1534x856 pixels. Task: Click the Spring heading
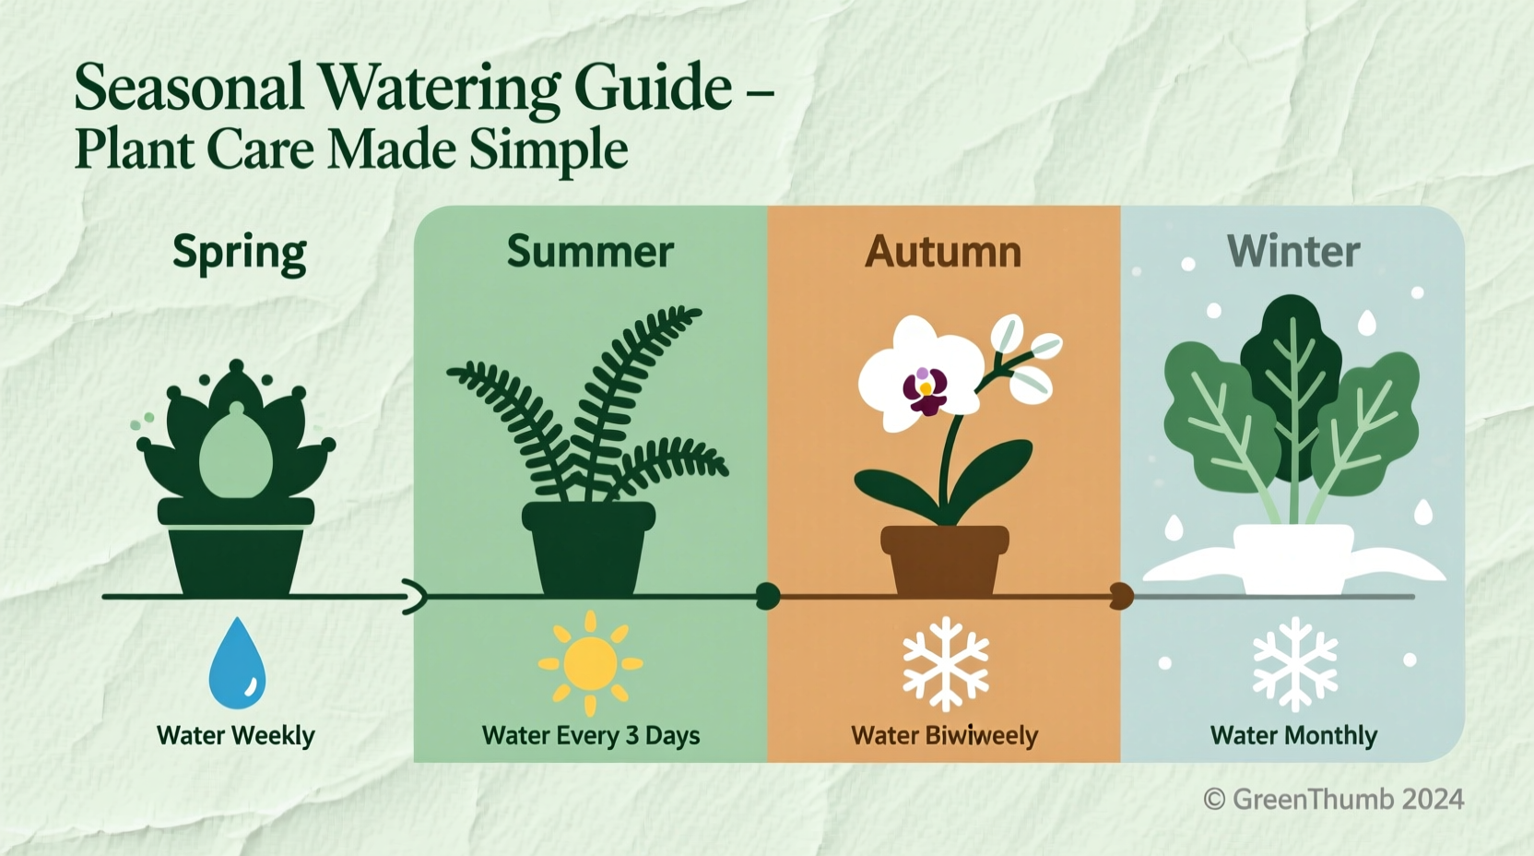[x=239, y=254]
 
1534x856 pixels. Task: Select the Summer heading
[x=590, y=252]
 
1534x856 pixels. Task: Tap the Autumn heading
[x=943, y=252]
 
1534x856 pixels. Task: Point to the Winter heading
[x=1293, y=252]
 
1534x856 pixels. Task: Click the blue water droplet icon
[x=237, y=663]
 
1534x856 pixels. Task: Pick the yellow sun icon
[x=590, y=663]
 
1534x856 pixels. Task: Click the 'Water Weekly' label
[x=236, y=735]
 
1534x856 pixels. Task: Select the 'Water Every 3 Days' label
[x=591, y=735]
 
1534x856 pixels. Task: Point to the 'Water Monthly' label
[x=1293, y=735]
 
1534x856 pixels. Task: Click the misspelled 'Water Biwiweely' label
[x=944, y=735]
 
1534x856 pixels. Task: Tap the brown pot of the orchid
[x=945, y=559]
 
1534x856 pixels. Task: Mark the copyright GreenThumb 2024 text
[x=1333, y=799]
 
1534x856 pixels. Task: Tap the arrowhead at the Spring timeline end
[x=416, y=598]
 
